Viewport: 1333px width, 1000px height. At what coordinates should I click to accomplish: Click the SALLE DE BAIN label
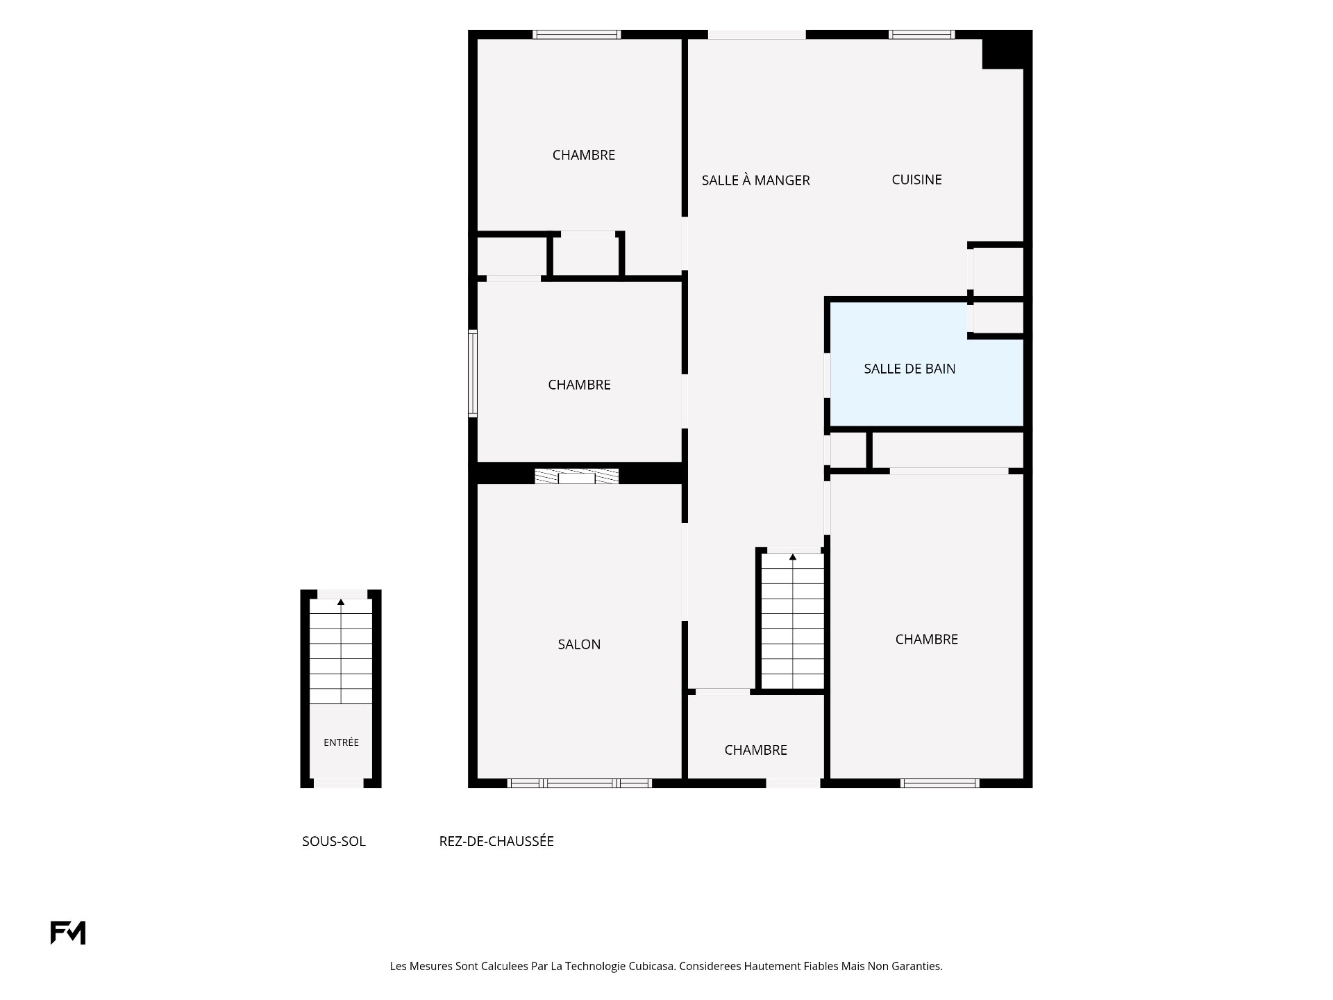point(909,369)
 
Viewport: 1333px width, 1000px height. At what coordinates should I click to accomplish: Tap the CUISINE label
point(916,180)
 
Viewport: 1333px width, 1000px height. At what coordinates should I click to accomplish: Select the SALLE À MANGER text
point(755,180)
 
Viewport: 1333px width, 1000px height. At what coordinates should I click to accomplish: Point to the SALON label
point(579,644)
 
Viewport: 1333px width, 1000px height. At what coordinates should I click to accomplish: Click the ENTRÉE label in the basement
point(341,742)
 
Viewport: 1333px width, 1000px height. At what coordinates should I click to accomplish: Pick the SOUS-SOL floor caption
point(333,842)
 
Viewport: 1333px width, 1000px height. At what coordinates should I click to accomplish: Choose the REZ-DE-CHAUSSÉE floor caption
point(496,842)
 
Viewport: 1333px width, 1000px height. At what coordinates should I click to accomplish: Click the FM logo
point(68,933)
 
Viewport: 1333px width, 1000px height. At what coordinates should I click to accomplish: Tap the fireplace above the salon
point(576,476)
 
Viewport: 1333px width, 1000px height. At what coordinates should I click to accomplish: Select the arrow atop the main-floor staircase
point(793,557)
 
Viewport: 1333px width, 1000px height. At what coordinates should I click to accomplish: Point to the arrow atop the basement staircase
point(341,602)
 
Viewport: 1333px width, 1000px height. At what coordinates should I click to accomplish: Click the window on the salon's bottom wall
point(579,783)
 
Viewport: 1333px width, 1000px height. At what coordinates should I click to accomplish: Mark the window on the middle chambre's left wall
point(473,373)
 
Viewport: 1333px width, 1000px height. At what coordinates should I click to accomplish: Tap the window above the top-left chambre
point(576,34)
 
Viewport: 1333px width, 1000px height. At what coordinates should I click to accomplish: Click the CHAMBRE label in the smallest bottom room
point(755,750)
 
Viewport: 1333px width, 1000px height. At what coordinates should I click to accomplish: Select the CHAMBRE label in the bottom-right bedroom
point(926,640)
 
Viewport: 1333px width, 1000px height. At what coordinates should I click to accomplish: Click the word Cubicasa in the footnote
point(651,966)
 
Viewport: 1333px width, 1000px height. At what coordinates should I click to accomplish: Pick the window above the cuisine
point(922,34)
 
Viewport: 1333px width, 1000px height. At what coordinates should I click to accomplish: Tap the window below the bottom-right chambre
point(940,783)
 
